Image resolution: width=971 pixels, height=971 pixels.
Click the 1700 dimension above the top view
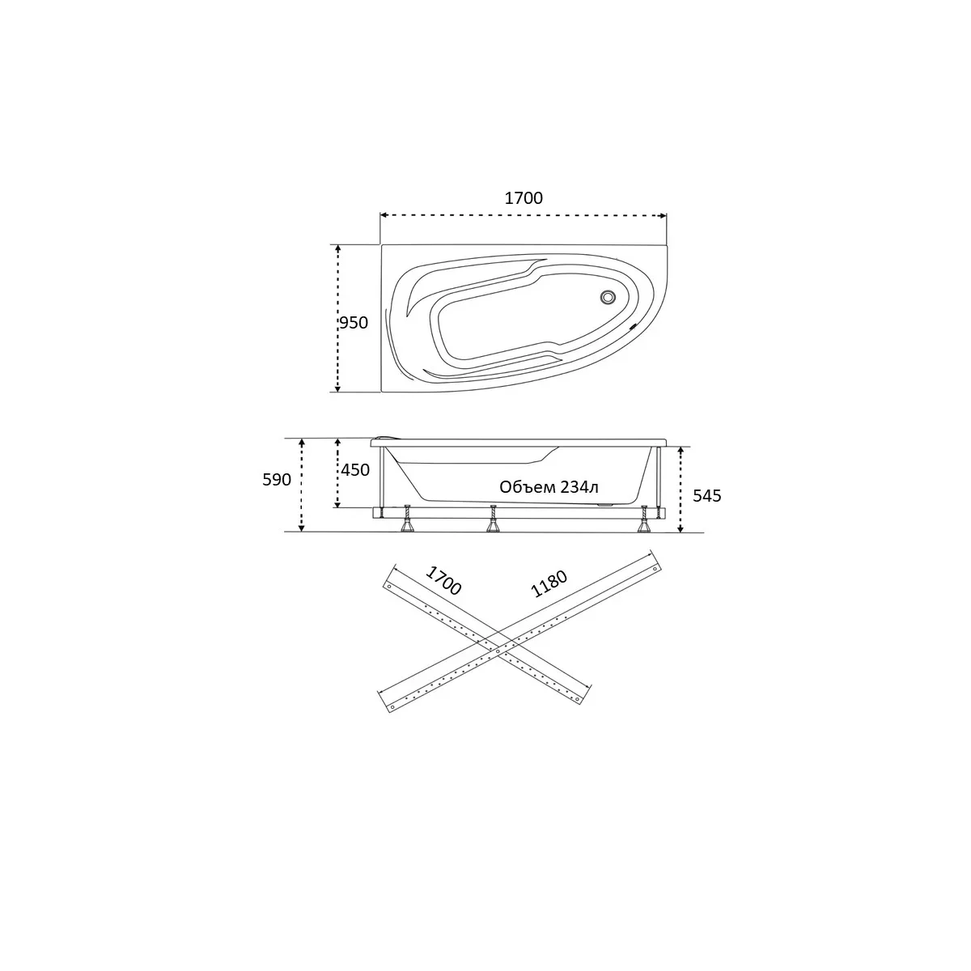(524, 198)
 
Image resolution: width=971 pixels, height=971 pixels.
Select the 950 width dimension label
(354, 323)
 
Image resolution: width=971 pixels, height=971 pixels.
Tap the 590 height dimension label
(277, 480)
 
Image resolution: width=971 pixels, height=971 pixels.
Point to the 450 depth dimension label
(355, 469)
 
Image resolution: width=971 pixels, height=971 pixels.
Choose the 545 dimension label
(707, 496)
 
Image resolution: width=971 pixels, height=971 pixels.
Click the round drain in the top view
(608, 297)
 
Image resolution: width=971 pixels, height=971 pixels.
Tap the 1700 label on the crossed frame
(443, 580)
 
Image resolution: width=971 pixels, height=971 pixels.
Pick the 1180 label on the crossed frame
(549, 583)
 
